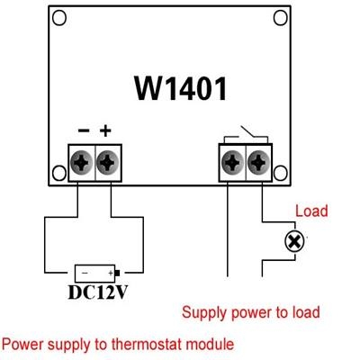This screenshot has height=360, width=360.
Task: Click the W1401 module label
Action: point(180,88)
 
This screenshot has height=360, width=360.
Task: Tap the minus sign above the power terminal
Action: point(84,130)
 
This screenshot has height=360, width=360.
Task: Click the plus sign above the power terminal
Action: point(105,130)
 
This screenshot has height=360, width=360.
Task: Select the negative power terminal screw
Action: point(81,162)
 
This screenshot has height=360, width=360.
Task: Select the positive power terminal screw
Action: point(107,162)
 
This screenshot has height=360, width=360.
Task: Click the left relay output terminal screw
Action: point(232,162)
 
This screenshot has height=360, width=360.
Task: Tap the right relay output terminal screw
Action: point(258,162)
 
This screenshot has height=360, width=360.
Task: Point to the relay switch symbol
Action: point(246,136)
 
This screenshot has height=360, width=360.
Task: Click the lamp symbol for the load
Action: point(294,241)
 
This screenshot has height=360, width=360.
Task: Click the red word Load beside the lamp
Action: point(311,211)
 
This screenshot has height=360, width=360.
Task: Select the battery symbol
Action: point(97,274)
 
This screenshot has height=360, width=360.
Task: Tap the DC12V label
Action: point(98,292)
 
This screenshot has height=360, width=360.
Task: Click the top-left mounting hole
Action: point(59,18)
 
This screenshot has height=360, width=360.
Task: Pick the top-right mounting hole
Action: point(281,18)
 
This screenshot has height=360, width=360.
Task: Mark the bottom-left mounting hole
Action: point(59,173)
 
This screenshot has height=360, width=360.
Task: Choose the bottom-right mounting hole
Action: point(281,173)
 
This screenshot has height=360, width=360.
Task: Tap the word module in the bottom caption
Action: point(210,344)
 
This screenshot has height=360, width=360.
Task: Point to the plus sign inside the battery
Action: point(111,273)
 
